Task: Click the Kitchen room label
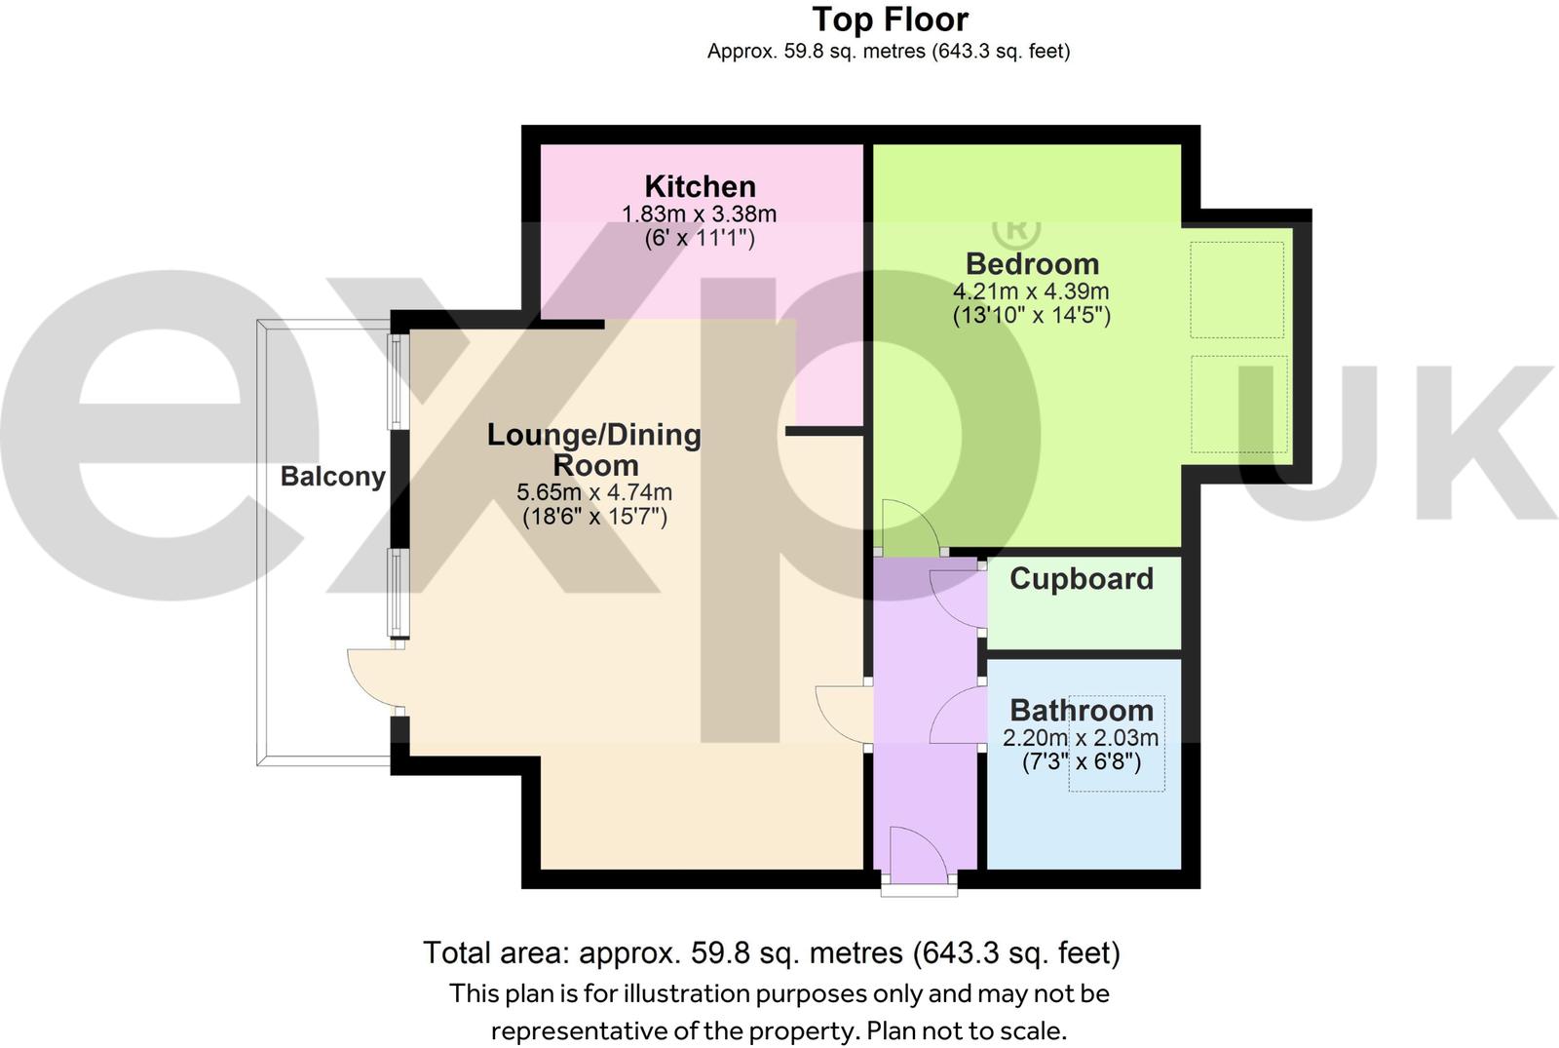[x=700, y=186]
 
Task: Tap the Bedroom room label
[x=1032, y=264]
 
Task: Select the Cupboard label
[x=1082, y=579]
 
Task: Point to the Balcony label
[x=332, y=477]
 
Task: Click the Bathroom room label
[x=1082, y=711]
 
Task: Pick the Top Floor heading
[x=890, y=19]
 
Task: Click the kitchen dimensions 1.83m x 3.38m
[x=699, y=214]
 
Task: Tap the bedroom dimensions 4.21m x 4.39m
[x=1031, y=291]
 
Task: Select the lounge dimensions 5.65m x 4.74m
[x=594, y=492]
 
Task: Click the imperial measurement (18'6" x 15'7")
[x=594, y=517]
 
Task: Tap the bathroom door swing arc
[x=955, y=715]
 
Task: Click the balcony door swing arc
[x=371, y=679]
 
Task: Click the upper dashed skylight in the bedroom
[x=1236, y=290]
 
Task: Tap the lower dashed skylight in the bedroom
[x=1238, y=404]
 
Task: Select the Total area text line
[x=772, y=952]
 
